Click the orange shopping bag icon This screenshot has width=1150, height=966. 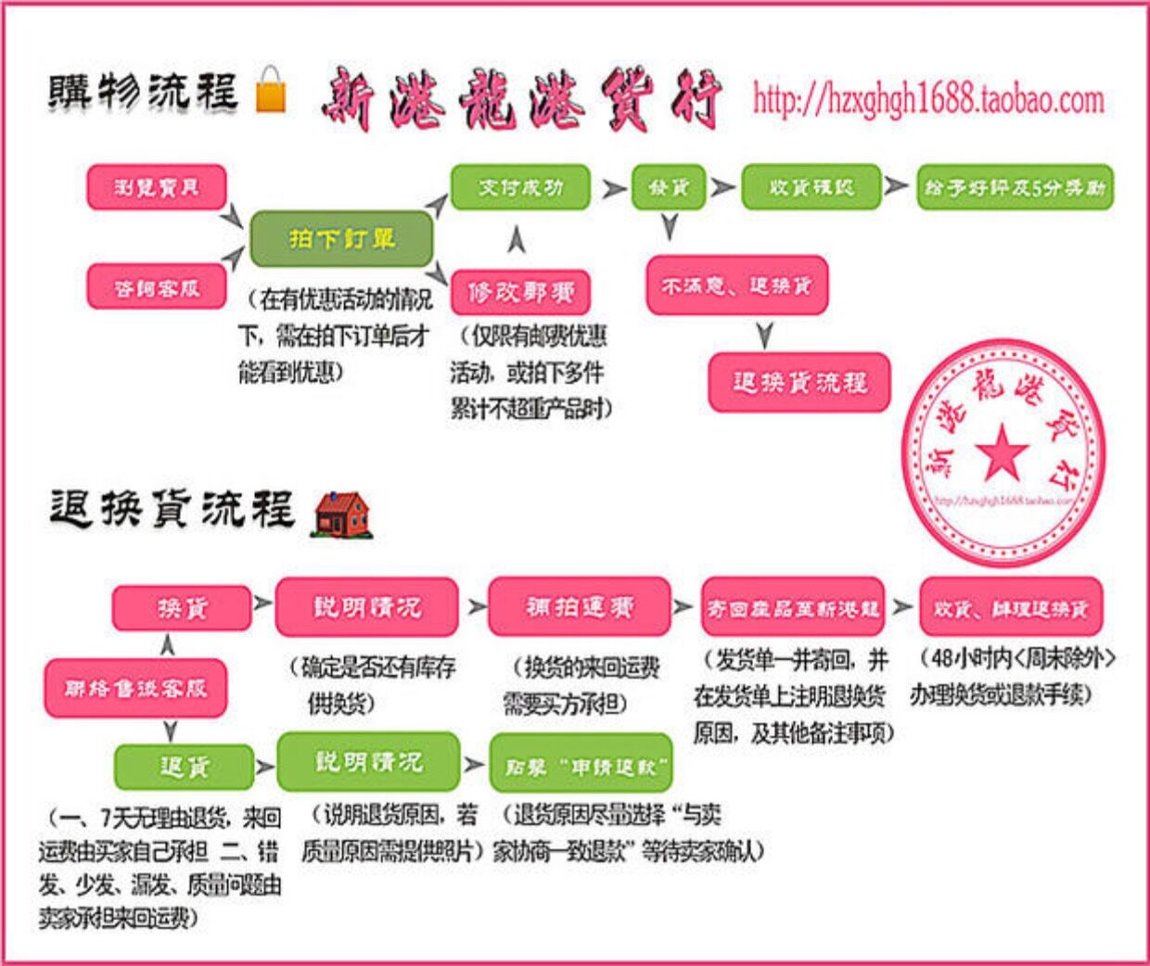(271, 91)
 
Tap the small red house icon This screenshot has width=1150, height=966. (342, 515)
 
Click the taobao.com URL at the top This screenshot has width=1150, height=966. (928, 98)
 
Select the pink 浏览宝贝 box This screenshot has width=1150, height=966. (157, 187)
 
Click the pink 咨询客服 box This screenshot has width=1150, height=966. (157, 287)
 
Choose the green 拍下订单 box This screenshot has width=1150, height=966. (341, 239)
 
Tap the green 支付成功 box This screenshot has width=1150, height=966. (520, 187)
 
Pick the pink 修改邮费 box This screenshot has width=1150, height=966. (520, 293)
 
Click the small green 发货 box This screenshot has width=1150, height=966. (668, 187)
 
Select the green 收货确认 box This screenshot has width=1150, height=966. (811, 187)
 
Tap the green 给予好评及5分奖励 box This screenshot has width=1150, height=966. (1015, 187)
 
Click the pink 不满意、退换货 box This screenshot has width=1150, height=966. (736, 286)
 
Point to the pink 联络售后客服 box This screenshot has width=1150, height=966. (135, 688)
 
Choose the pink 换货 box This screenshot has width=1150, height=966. (182, 608)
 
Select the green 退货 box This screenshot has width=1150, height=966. (184, 767)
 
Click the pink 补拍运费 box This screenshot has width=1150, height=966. (579, 607)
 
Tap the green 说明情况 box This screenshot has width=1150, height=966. (368, 762)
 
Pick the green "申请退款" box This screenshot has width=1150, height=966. (581, 766)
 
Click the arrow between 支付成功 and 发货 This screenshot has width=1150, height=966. (613, 188)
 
